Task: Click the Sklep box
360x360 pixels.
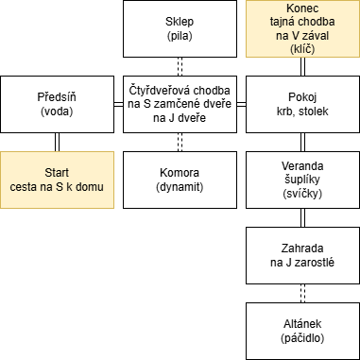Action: [180, 28]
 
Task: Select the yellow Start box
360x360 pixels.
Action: [57, 180]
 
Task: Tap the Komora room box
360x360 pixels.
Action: [180, 180]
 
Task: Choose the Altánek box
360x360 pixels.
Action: [302, 331]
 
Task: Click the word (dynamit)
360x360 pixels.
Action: [180, 187]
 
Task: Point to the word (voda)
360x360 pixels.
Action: [57, 111]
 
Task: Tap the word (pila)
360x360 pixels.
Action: [180, 36]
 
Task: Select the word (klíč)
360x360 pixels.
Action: [302, 49]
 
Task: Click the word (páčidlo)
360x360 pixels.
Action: [302, 338]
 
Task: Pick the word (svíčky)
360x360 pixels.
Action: [302, 194]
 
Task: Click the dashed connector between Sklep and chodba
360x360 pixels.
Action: [180, 67]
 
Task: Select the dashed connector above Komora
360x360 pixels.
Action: [180, 142]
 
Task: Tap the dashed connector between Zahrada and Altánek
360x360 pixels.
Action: [302, 293]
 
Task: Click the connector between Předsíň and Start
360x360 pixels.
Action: [57, 142]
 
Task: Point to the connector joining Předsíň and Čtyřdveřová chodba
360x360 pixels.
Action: [118, 104]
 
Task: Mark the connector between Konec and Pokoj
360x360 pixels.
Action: [302, 67]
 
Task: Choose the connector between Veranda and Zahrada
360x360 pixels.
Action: [302, 217]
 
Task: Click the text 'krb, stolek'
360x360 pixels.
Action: [302, 111]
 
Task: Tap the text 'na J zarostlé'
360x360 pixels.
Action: [302, 263]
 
